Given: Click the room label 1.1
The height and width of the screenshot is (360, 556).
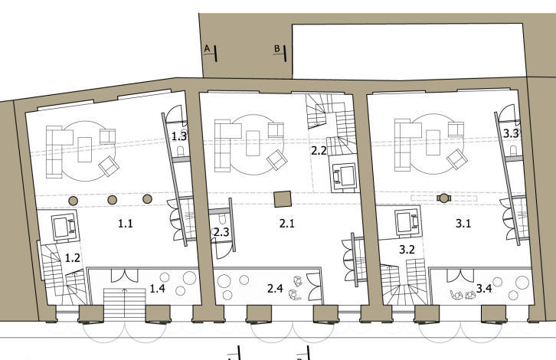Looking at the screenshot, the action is pos(125,224).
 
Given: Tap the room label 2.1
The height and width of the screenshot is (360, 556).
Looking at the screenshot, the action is pos(287,224).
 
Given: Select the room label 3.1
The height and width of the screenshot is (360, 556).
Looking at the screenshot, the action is pos(463,224).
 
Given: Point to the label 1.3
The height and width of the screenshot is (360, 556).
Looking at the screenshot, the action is pos(179,136).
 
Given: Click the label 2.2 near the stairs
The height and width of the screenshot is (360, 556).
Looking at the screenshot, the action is pos(319,151).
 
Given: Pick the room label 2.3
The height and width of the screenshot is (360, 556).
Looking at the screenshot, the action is pos(221,232).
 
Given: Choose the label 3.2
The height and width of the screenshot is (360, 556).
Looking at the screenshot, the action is pos(407,250).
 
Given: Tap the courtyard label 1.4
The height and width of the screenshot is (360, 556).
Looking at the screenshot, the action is pos(157,288).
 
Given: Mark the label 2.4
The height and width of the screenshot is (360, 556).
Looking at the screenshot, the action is pos(275,288).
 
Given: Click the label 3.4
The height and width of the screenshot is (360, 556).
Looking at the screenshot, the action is pos(484,288).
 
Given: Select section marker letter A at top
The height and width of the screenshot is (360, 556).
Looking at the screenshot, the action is pos(208,48).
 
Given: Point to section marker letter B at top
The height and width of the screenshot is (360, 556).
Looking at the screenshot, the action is pos(277,48).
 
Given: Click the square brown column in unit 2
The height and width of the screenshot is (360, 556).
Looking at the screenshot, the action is pos(283,199).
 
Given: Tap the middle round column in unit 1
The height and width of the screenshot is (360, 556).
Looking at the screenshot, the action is pos(112,200).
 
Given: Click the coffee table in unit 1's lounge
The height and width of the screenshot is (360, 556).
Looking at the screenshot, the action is pos(85,149).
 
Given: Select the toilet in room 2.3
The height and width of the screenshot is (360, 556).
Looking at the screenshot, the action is pos(223,220).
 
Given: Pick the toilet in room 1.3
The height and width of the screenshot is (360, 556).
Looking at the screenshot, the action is pos(180,152).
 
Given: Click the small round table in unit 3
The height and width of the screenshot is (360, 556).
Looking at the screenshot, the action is pos(443,198).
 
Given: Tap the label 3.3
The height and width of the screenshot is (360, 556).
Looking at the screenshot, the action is pos(511,133).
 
